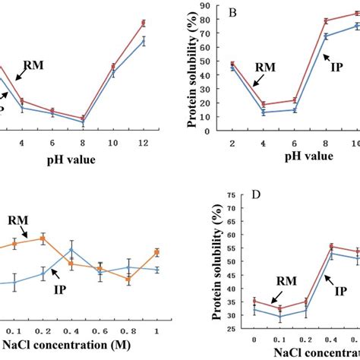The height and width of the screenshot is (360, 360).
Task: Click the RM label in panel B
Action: (265, 67)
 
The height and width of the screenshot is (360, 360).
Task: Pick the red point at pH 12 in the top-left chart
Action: (143, 24)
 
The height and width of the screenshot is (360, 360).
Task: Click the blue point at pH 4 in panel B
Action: (263, 112)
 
